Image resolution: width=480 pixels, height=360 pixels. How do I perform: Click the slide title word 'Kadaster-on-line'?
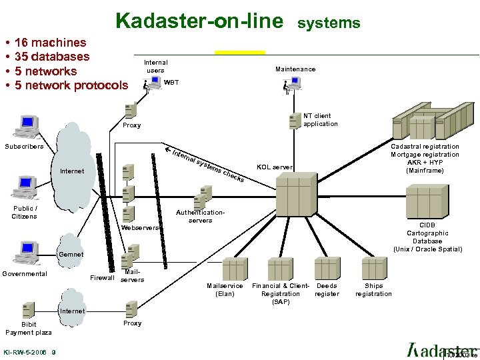pos(199,21)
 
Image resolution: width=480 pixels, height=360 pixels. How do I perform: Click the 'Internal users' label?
pos(155,67)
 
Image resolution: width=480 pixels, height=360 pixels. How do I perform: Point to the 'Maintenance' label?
pos(295,69)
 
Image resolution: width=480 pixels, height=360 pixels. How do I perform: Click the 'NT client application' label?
pos(321,120)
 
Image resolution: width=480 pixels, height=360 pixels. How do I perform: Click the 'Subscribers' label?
pos(24,147)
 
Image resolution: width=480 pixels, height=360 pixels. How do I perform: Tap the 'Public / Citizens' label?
pos(25,213)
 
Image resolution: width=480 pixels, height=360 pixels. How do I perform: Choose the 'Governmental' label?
pos(25,274)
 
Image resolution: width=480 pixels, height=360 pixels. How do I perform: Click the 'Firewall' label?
pos(102,277)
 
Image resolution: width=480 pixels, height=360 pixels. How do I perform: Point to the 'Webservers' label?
pos(141,228)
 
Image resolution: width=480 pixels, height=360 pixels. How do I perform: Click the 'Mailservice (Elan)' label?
pos(225,290)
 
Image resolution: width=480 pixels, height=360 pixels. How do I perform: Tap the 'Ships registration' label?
pos(373,290)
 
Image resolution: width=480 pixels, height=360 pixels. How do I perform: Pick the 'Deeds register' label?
pos(327,290)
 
